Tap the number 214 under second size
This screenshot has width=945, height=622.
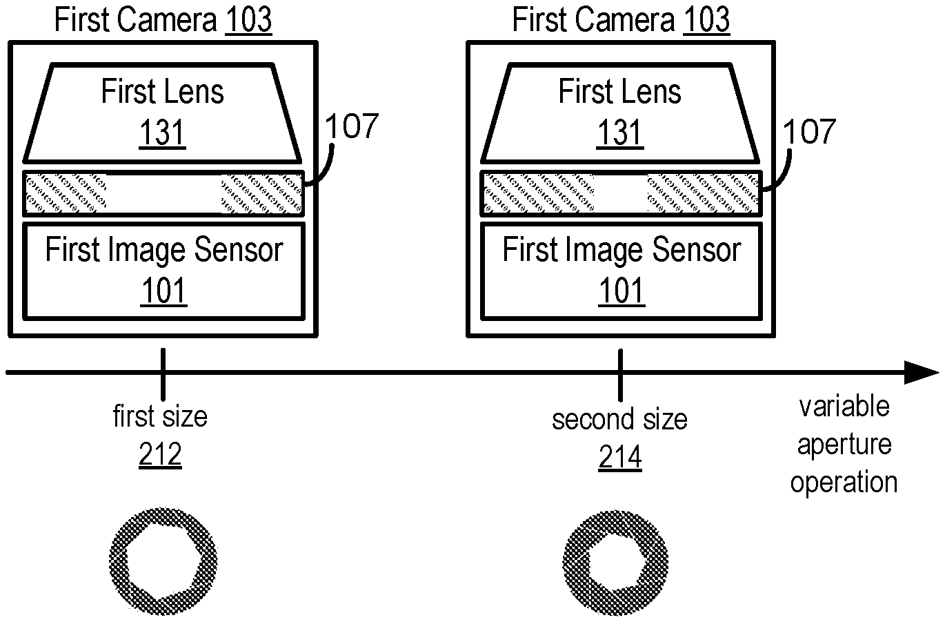click(x=619, y=458)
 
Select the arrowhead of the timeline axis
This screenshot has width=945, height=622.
click(x=922, y=373)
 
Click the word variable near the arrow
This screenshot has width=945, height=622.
click(x=844, y=406)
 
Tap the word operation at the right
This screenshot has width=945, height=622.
click(x=844, y=482)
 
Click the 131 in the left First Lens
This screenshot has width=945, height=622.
click(x=163, y=133)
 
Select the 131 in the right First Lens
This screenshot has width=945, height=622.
click(x=620, y=133)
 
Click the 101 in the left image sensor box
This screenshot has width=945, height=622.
click(x=163, y=291)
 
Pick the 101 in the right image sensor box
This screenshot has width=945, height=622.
click(x=621, y=291)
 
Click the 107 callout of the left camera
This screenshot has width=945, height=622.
click(x=351, y=127)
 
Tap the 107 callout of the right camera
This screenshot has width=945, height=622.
click(x=808, y=131)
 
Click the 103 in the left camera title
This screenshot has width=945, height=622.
click(x=248, y=21)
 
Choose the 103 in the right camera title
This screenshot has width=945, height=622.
click(x=706, y=21)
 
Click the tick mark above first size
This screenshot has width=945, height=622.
click(x=163, y=373)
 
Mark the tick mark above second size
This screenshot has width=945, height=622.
click(x=621, y=373)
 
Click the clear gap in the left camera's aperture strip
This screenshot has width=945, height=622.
click(x=163, y=193)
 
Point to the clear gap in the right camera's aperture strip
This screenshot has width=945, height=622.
click(x=621, y=193)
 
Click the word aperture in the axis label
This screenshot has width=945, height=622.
click(x=844, y=444)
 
